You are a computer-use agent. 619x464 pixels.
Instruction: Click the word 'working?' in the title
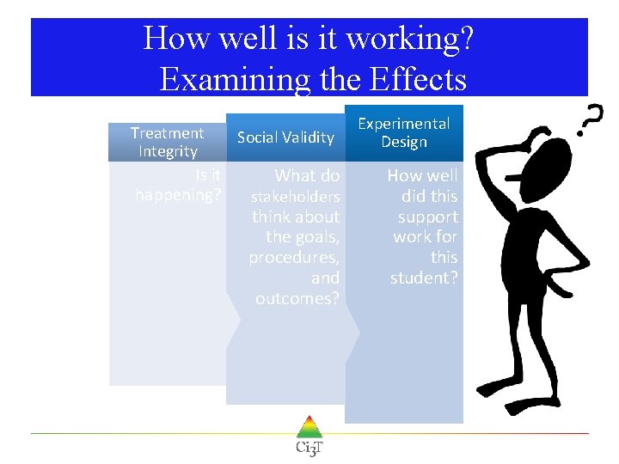pos(412,39)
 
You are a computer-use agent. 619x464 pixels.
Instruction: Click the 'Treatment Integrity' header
pos(167,142)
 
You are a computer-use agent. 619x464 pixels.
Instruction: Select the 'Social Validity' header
pos(285,137)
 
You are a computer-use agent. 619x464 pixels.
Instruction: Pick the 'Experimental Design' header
pos(403,132)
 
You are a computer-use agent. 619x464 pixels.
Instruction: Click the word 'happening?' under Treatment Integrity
pos(178,195)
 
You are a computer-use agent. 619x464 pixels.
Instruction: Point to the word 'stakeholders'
pos(295,197)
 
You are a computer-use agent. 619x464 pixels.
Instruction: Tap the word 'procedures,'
pos(294,258)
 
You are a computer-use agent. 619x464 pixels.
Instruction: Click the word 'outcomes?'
pos(297,298)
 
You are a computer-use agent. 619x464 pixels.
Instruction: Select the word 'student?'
pos(424,278)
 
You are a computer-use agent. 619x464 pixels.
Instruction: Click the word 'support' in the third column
pos(428,217)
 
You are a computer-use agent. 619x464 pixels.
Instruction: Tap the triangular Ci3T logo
pos(309,427)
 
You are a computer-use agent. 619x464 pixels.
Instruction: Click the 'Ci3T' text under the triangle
pos(309,448)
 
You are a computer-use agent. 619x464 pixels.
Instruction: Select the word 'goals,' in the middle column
pos(317,237)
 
